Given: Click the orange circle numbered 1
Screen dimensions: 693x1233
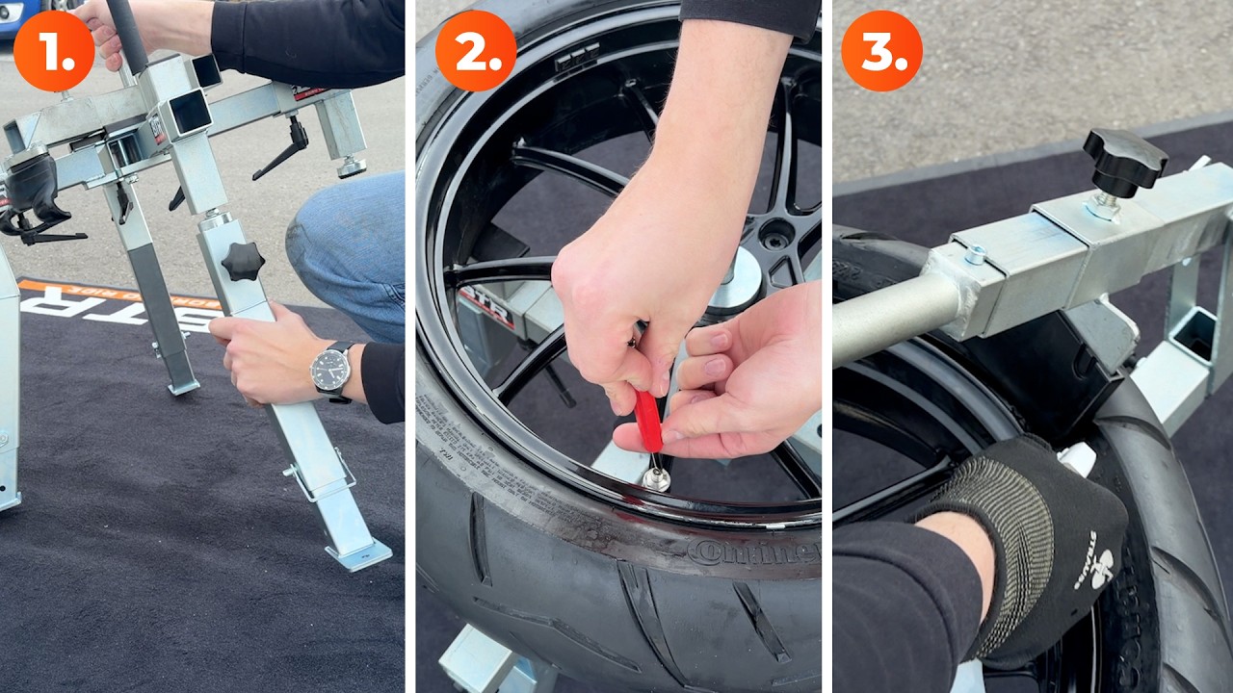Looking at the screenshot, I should (x=54, y=51).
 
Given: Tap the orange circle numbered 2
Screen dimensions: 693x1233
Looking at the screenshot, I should (x=475, y=51).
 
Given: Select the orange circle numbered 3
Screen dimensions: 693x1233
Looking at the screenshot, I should (x=881, y=51).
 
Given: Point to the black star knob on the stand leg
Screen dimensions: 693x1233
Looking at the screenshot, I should (x=242, y=262).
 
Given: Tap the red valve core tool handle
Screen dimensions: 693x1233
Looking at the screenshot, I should (x=648, y=421).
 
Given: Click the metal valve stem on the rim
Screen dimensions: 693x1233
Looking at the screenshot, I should (x=657, y=477).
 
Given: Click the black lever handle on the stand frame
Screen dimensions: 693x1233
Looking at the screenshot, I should (x=282, y=149).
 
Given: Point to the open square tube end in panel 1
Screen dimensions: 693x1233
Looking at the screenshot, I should (x=190, y=113).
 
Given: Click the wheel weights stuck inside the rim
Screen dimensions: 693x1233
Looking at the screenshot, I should (x=576, y=58).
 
